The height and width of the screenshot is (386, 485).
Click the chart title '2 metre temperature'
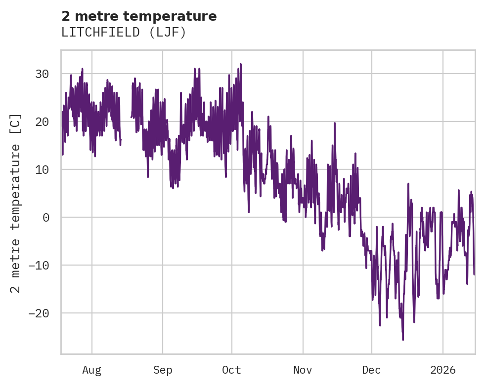tap(139, 16)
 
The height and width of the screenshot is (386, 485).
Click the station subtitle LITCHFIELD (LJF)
tap(124, 33)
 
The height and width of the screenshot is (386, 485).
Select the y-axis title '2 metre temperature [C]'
tap(16, 202)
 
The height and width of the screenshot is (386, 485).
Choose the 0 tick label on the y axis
tap(46, 218)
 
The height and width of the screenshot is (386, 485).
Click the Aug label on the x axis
tap(91, 370)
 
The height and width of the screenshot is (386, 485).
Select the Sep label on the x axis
tap(162, 370)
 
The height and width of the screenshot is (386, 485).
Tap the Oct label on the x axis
tap(231, 370)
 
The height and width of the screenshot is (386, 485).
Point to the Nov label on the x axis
tap(303, 370)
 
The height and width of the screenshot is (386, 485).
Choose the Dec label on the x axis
tap(372, 370)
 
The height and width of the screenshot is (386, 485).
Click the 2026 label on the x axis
tap(443, 370)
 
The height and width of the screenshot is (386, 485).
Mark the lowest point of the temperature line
tap(403, 340)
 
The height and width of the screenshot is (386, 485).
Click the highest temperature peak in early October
tap(240, 64)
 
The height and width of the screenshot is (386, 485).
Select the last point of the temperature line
tap(474, 274)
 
